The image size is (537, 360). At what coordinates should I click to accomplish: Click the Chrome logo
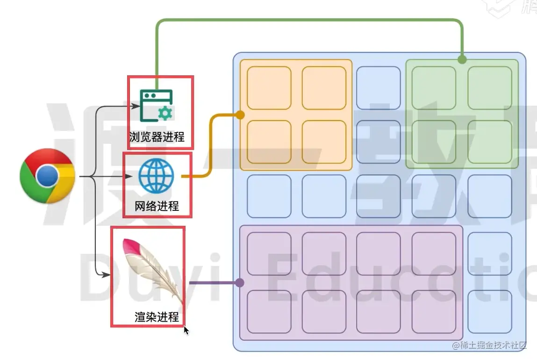47,176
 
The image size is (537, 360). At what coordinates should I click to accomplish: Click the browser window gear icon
156,106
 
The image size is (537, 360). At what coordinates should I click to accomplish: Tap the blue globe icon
156,176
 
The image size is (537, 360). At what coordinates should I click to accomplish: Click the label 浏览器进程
157,137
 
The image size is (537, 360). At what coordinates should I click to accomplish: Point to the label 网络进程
157,206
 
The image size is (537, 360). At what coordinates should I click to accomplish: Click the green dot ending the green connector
462,59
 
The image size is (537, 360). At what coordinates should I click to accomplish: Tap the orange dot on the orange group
240,115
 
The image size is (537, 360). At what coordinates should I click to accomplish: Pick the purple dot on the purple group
240,283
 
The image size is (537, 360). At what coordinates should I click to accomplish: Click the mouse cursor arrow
186,330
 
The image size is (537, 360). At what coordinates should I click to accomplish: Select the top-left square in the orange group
269,88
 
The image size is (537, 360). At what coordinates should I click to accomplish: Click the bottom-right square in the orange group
324,142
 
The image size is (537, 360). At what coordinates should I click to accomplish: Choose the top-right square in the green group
490,88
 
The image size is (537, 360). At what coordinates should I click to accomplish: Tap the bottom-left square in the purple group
269,312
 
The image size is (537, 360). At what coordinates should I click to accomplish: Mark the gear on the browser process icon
165,113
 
